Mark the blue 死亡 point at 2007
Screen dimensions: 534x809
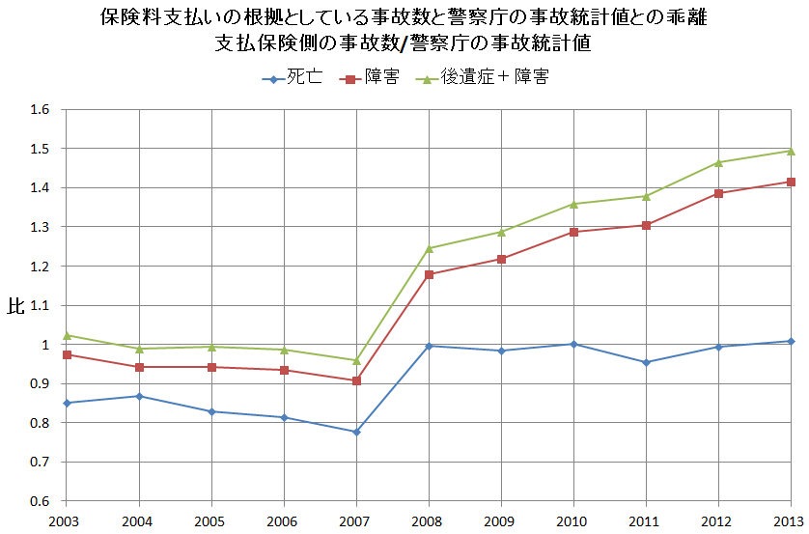coord(356,432)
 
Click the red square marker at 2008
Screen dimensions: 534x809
coord(429,274)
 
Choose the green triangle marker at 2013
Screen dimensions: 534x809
coord(791,151)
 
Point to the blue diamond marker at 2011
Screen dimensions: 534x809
coord(646,362)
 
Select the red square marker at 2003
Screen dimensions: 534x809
coord(67,354)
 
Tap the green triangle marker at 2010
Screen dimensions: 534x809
coord(573,204)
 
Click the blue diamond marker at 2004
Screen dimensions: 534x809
coord(139,396)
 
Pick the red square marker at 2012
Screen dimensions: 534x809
coord(718,193)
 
